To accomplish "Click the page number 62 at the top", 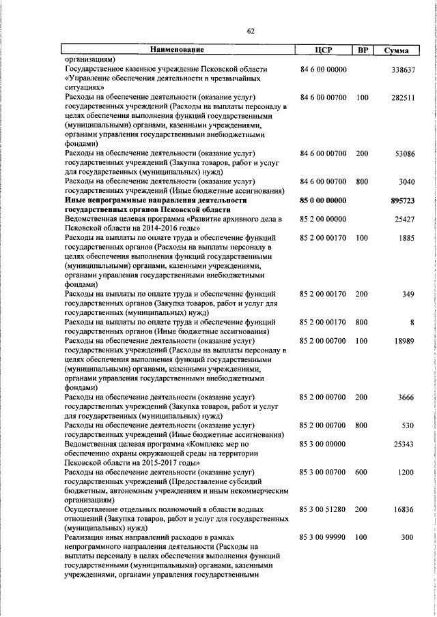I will coord(250,31).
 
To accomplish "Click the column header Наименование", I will coord(177,50).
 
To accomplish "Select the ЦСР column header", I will coord(323,50).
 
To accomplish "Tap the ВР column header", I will coord(363,50).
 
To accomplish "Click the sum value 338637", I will coord(401,70).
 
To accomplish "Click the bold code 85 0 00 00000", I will coord(324,201).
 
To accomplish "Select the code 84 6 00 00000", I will coord(324,70).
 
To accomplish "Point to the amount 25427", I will coord(404,220).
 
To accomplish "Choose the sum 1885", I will coord(406,239).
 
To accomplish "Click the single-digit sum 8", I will coord(412,322).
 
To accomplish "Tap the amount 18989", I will coord(404,341).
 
